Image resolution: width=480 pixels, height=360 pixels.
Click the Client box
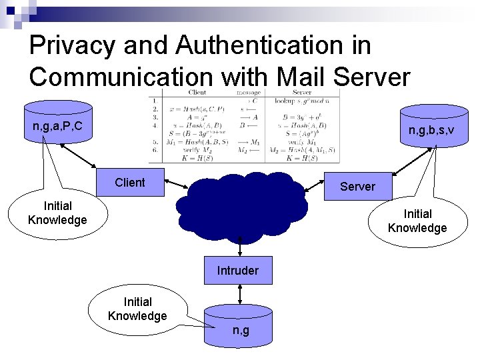tap(129, 183)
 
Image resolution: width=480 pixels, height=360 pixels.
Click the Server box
tap(357, 187)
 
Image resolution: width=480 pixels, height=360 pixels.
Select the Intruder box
tap(237, 270)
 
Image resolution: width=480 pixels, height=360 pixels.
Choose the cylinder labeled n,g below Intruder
tap(238, 327)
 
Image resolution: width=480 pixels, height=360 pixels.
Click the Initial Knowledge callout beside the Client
tap(57, 213)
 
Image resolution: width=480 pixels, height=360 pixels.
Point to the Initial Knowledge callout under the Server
tap(417, 221)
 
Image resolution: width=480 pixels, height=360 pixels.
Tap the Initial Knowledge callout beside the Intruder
tap(137, 309)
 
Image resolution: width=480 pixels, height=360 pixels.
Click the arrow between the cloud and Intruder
tap(238, 243)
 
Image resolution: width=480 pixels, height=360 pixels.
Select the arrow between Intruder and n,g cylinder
tap(238, 295)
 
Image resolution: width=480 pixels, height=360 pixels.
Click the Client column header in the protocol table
tap(197, 93)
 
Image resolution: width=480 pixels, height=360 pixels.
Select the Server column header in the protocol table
tap(302, 93)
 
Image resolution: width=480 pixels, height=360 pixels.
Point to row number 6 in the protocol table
tap(154, 151)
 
